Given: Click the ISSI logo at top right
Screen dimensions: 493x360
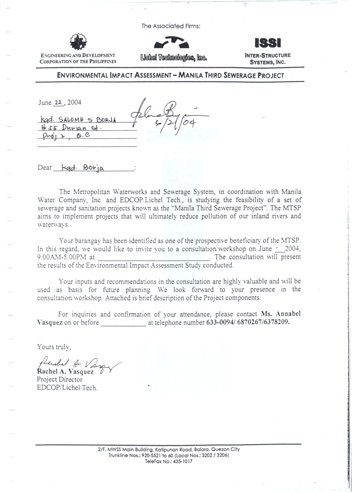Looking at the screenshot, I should [x=268, y=43].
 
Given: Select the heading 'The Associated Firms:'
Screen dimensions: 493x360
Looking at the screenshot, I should [x=171, y=26].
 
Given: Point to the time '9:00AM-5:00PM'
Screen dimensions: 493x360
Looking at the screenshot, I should [x=61, y=257].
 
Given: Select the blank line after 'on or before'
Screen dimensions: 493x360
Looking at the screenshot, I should [x=123, y=322].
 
